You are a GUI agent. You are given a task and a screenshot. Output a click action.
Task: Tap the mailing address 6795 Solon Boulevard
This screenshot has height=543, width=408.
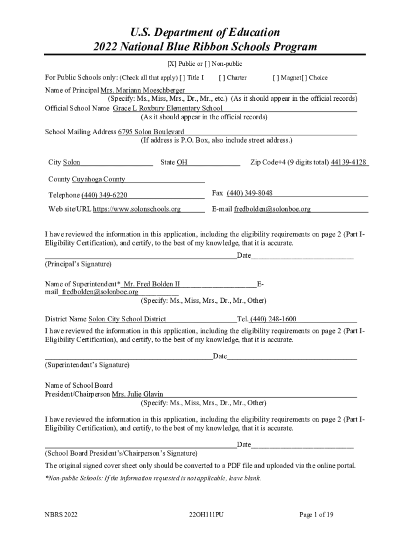(x=151, y=132)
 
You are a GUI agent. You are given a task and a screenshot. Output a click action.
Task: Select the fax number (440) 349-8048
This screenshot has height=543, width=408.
(x=250, y=193)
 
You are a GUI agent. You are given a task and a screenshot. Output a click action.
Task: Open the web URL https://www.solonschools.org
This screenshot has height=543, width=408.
(x=137, y=209)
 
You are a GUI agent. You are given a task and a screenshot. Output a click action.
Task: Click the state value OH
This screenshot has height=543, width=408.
(x=182, y=162)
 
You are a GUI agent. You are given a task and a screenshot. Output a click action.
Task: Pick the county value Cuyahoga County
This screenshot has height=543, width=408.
(x=99, y=179)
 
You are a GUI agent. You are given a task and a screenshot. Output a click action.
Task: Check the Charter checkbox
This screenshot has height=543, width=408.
(x=221, y=77)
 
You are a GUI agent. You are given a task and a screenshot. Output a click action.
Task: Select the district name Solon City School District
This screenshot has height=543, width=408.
(x=127, y=319)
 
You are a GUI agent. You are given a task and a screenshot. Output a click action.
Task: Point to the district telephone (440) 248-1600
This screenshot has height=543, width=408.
(x=273, y=319)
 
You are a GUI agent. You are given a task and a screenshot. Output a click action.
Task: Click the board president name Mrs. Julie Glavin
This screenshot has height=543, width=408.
(x=137, y=395)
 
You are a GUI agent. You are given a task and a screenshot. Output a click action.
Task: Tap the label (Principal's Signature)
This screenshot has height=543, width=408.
(x=78, y=264)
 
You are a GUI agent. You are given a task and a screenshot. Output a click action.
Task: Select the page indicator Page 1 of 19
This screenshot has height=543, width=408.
(x=316, y=514)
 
